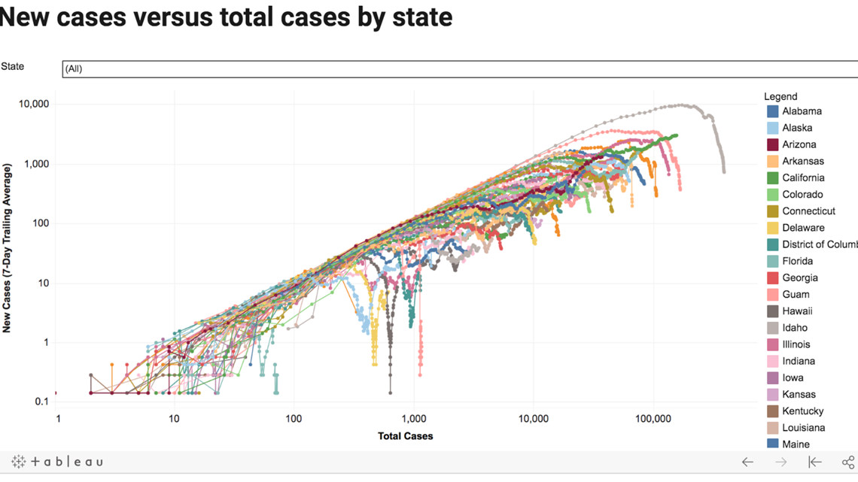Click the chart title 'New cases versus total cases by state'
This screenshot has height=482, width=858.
pos(226,17)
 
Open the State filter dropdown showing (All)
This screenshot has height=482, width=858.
pos(459,68)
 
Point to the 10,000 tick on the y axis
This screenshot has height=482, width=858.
pos(34,104)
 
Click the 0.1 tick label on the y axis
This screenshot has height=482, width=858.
pos(42,402)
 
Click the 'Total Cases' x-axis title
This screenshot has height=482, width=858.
pos(405,435)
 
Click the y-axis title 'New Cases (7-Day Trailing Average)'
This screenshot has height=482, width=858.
pos(8,248)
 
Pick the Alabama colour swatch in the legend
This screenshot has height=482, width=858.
pos(772,111)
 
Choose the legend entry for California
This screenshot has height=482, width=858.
pos(803,178)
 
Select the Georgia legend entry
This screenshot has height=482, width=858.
pos(799,277)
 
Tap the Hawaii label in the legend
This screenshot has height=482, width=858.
pos(797,311)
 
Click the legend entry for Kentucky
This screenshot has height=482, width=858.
pos(802,411)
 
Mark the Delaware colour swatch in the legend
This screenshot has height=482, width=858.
pos(772,228)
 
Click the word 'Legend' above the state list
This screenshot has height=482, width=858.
pos(780,96)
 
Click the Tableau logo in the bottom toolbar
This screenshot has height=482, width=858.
pos(56,462)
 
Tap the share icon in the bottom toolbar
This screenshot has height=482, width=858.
pos(848,462)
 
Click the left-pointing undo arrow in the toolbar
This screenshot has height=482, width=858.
pos(747,462)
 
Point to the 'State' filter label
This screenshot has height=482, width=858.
pos(13,66)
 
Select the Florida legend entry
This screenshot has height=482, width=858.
pos(797,261)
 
